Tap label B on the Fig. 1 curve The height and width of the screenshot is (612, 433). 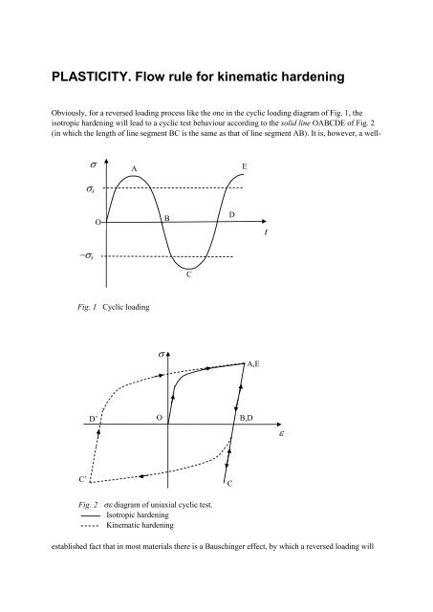pos(167,219)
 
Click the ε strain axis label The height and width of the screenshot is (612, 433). pos(281,432)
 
